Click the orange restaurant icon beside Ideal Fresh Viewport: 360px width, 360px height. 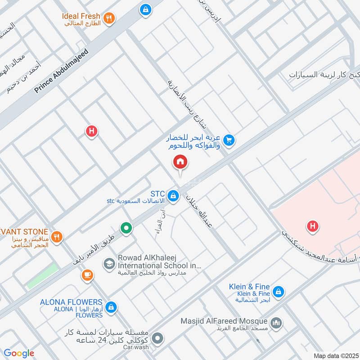click(108, 18)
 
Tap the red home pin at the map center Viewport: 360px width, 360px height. click(180, 162)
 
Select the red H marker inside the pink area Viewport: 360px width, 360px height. click(312, 226)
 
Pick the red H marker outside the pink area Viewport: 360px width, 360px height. click(92, 131)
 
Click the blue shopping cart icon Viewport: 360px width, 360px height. click(229, 141)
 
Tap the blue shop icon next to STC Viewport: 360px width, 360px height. click(172, 196)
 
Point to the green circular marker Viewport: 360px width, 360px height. click(127, 228)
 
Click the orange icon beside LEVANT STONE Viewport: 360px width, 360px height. click(57, 237)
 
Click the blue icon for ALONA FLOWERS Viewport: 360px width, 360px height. click(112, 308)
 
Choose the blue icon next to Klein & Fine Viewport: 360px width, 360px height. click(279, 292)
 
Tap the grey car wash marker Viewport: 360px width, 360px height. click(157, 337)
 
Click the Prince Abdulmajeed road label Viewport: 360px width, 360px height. click(62, 71)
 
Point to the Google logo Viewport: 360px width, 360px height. click(19, 354)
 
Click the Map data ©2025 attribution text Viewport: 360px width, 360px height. click(336, 355)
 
